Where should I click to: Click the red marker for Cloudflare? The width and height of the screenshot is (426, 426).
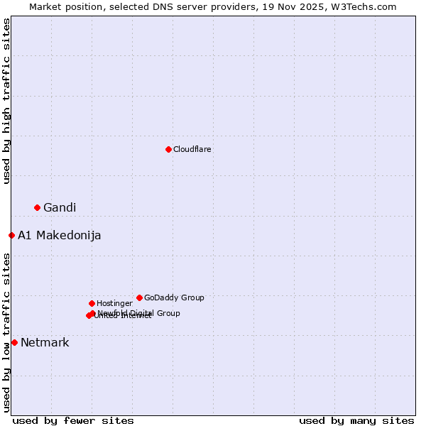pyautogui.click(x=168, y=149)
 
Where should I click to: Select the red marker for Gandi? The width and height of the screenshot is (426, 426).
pyautogui.click(x=37, y=207)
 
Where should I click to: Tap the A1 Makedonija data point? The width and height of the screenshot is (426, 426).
pyautogui.click(x=11, y=235)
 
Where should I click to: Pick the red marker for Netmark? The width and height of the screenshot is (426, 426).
pyautogui.click(x=14, y=342)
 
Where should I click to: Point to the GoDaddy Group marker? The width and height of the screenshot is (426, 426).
pyautogui.click(x=139, y=297)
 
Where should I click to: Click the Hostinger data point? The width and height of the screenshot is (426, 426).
pyautogui.click(x=92, y=303)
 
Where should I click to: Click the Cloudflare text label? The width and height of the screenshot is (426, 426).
pyautogui.click(x=192, y=149)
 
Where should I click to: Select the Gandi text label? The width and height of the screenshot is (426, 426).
pyautogui.click(x=60, y=207)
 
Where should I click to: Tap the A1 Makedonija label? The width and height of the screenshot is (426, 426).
pyautogui.click(x=59, y=235)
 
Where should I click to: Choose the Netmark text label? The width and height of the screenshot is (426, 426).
pyautogui.click(x=45, y=342)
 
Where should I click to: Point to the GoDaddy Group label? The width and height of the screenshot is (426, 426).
pyautogui.click(x=174, y=297)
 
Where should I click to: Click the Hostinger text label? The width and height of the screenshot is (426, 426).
pyautogui.click(x=114, y=303)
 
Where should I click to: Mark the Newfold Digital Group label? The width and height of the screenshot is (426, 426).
pyautogui.click(x=139, y=312)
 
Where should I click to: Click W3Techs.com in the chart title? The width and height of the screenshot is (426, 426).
pyautogui.click(x=366, y=6)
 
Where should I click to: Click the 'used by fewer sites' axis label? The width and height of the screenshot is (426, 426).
pyautogui.click(x=73, y=420)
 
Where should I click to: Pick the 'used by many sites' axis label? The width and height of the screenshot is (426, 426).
pyautogui.click(x=356, y=420)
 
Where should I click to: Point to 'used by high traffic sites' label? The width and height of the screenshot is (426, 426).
pyautogui.click(x=6, y=101)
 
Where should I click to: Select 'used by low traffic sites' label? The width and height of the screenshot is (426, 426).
pyautogui.click(x=6, y=332)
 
